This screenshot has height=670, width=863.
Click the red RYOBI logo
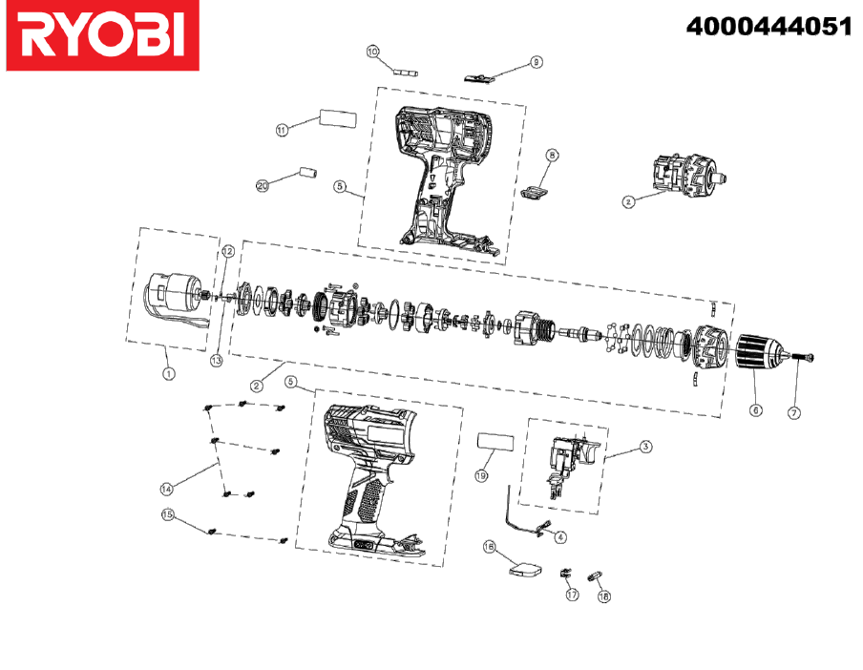(102, 35)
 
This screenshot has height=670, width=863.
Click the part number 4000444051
(768, 26)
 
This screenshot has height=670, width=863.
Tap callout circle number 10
(372, 52)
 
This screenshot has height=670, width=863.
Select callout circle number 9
(537, 62)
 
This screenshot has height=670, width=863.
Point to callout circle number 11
(282, 130)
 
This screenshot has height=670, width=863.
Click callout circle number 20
(263, 185)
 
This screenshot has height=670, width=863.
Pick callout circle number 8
(552, 156)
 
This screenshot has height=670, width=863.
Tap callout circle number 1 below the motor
(169, 373)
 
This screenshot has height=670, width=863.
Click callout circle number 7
(793, 412)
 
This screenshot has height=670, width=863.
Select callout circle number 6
(756, 409)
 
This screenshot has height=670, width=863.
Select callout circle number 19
(481, 475)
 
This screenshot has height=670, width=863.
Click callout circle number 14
(166, 489)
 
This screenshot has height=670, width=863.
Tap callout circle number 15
(168, 514)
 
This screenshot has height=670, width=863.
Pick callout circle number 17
(573, 595)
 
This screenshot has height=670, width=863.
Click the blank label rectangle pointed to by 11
(338, 118)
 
